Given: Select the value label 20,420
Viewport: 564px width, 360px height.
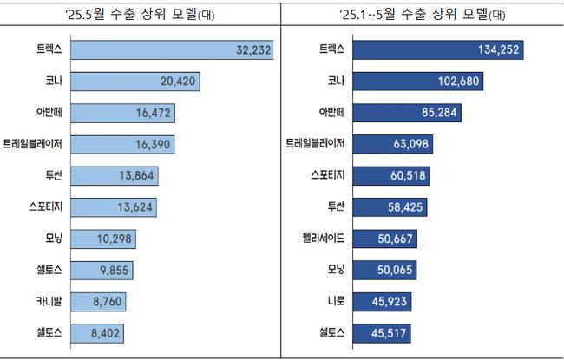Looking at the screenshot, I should click(180, 82).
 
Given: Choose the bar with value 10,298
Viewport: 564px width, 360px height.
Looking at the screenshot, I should click(103, 238).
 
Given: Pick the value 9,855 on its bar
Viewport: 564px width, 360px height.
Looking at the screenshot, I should click(112, 269).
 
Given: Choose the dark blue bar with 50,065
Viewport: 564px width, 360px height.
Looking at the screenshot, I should click(382, 269).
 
